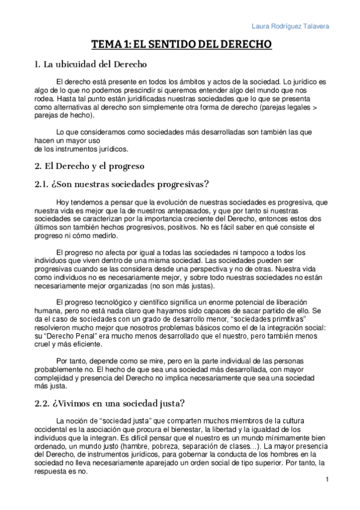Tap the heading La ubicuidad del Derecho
click(91, 64)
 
